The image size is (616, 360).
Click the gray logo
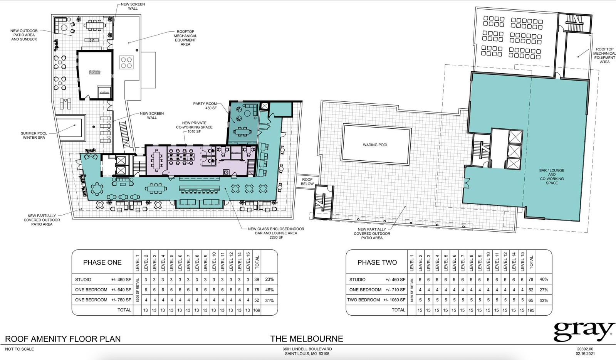583,331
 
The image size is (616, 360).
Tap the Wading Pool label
375,145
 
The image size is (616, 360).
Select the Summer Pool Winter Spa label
34,135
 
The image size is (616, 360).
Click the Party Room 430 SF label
205,106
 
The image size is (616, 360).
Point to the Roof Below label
307,182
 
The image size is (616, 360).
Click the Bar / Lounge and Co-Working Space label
551,177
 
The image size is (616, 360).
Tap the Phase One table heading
102,262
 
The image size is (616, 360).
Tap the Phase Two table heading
377,262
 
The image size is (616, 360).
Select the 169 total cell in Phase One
257,310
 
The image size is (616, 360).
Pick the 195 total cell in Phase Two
531,310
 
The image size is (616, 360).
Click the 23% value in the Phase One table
269,279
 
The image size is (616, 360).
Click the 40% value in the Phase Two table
543,279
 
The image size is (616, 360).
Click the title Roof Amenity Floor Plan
63,339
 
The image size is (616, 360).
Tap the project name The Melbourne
306,339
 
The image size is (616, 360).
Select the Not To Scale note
19,349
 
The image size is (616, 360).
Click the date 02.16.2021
585,353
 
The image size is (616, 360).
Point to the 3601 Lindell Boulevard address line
307,349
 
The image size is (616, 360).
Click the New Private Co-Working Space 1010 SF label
194,127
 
